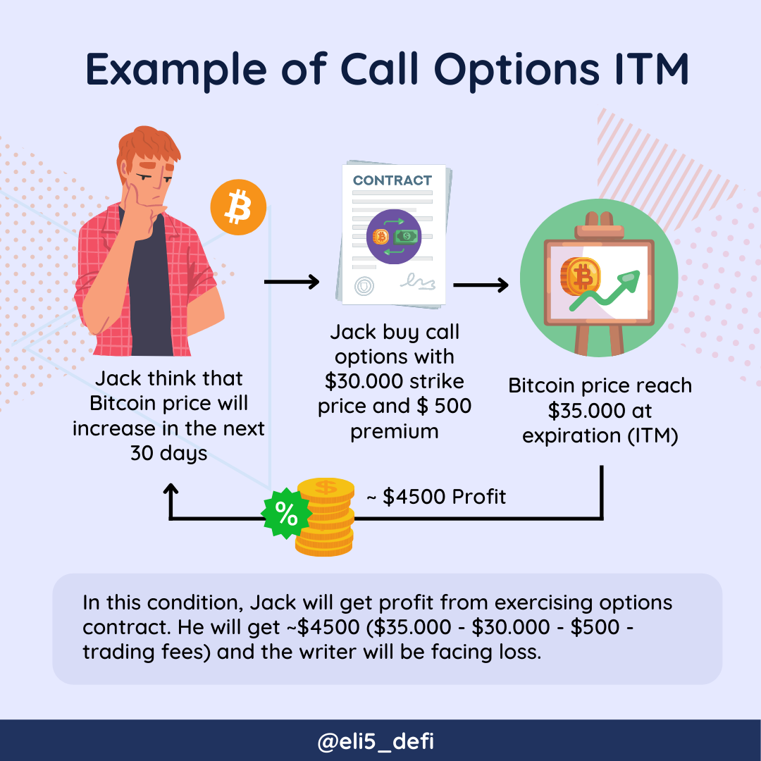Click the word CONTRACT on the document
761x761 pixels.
coord(392,180)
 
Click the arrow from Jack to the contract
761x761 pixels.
coord(291,283)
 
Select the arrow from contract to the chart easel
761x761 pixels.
coord(481,285)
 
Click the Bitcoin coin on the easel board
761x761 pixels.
coord(581,276)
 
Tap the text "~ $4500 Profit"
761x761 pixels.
coord(436,497)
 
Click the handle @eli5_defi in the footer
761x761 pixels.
coord(380,741)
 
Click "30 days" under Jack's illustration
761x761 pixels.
coord(168,453)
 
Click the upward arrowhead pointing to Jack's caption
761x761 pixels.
coord(170,490)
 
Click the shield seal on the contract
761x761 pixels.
coord(363,286)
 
